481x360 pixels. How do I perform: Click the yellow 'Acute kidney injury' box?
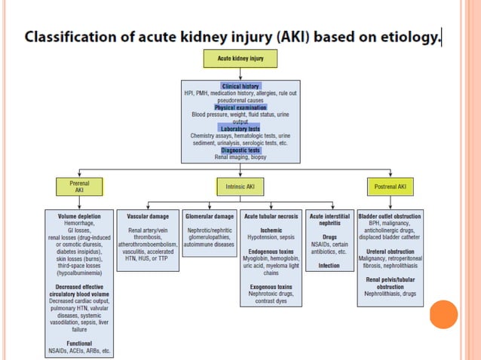pos(240,59)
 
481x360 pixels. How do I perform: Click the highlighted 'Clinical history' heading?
pos(240,87)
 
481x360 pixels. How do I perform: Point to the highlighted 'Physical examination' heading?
pos(240,107)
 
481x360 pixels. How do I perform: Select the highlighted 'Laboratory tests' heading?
pos(240,128)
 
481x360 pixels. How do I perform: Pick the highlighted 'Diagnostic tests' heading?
pos(240,149)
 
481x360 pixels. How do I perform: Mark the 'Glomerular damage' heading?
pos(210,216)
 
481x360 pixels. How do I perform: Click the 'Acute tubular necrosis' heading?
pos(271,216)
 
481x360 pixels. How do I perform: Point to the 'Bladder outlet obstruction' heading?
pos(391,216)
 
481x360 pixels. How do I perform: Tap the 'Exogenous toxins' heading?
pos(271,286)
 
